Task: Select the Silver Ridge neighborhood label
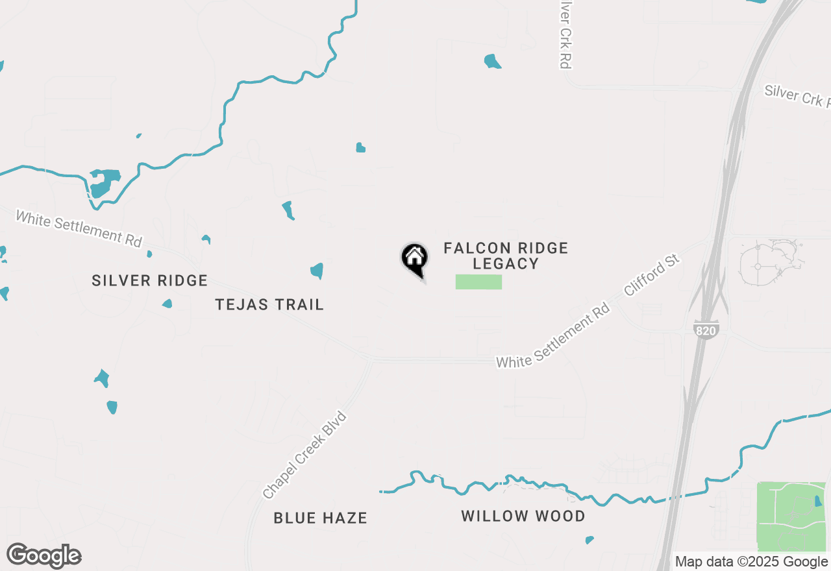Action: [149, 280]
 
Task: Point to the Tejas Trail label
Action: [269, 304]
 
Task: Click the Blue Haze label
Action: [320, 518]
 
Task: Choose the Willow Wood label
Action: [523, 516]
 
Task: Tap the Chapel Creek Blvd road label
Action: [305, 455]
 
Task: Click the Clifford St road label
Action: [651, 276]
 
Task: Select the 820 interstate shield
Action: [706, 329]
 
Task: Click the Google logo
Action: [43, 556]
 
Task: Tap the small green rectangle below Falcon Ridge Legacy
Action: [478, 282]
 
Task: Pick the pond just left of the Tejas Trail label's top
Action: [317, 271]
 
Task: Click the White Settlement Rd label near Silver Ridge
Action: [79, 228]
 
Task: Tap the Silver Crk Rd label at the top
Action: [565, 34]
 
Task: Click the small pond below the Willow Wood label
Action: [589, 540]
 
